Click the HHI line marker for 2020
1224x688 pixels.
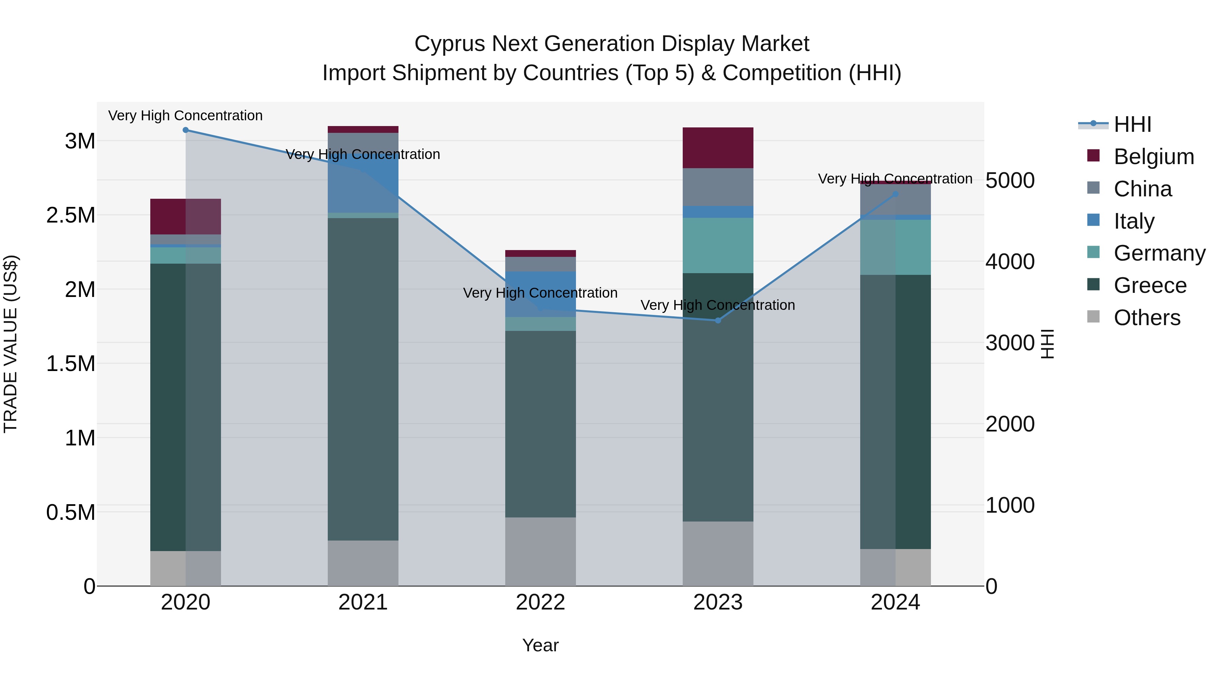[186, 130]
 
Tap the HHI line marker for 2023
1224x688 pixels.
[718, 320]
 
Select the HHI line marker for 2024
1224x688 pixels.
[895, 194]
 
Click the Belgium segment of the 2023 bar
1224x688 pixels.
[718, 148]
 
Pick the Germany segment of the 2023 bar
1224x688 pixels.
[718, 246]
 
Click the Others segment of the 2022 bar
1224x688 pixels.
[540, 551]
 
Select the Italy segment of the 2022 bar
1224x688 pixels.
[540, 294]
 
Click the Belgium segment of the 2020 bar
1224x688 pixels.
[186, 216]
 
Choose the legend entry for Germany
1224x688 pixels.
[1159, 253]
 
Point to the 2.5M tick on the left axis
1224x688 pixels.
[71, 215]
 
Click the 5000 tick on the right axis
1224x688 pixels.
[1010, 180]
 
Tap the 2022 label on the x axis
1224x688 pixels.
[540, 602]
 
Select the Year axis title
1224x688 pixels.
[540, 645]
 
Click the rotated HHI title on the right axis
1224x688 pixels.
[1047, 344]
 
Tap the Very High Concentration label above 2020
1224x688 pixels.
[185, 116]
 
